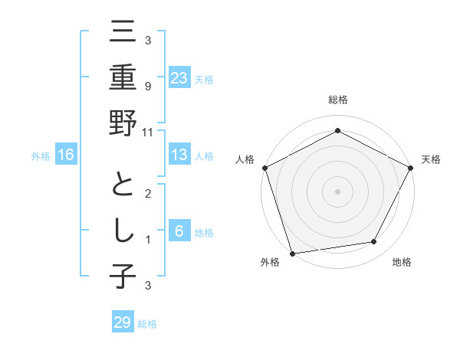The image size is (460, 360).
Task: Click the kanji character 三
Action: tap(123, 32)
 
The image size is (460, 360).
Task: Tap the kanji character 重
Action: tap(123, 77)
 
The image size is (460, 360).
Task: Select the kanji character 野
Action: tap(123, 123)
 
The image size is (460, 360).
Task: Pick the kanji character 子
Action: tap(123, 276)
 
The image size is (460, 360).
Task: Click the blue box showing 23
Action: tap(179, 77)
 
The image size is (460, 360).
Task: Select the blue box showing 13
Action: tap(179, 155)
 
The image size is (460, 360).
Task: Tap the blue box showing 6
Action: tap(179, 232)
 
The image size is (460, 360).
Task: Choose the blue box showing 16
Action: tap(66, 155)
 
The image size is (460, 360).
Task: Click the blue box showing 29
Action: tap(123, 322)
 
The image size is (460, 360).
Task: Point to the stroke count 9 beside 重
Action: tap(147, 86)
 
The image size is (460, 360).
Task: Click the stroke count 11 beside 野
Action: tap(147, 132)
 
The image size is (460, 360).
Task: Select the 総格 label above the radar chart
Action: tap(337, 100)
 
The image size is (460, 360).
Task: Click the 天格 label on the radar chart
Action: tap(431, 159)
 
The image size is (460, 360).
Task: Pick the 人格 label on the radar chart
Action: tap(245, 159)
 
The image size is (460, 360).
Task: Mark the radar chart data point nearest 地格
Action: tap(374, 242)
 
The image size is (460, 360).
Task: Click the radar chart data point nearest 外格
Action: tap(292, 254)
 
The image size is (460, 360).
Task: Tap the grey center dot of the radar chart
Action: tap(337, 191)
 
